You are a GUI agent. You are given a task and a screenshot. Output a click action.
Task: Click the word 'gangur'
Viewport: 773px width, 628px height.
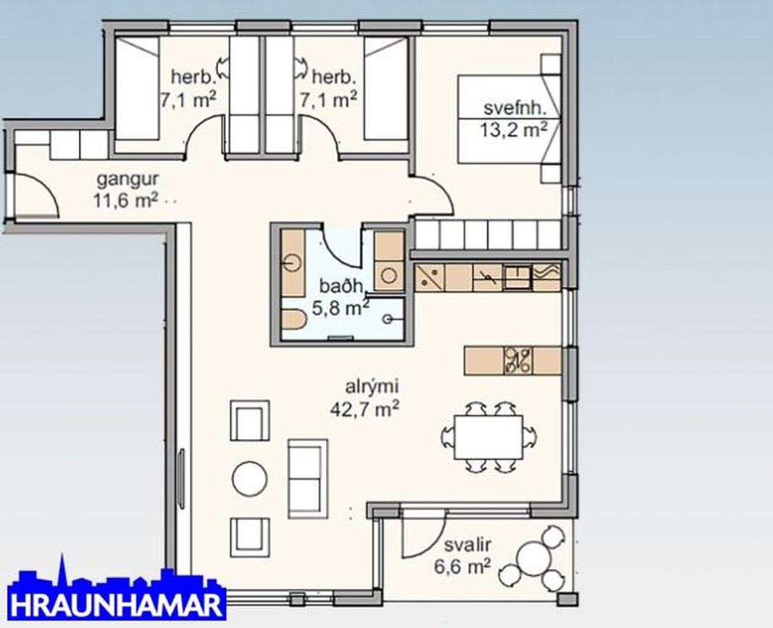coord(128,179)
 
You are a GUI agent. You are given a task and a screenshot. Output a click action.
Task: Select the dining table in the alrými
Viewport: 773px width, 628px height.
coord(489,437)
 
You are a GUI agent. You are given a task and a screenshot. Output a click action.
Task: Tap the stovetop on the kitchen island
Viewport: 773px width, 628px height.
coord(519,360)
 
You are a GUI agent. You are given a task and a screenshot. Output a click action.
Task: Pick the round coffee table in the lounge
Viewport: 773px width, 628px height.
coord(251,478)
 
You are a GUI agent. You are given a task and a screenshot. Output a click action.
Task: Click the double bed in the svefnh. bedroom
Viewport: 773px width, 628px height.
coord(500,120)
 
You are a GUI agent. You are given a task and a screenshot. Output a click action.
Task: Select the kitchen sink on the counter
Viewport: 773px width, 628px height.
coord(517,276)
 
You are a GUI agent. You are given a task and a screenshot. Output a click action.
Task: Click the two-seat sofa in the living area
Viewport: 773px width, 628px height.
coord(307,477)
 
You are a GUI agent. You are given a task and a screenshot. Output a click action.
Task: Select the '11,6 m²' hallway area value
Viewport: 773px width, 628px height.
coord(125,199)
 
